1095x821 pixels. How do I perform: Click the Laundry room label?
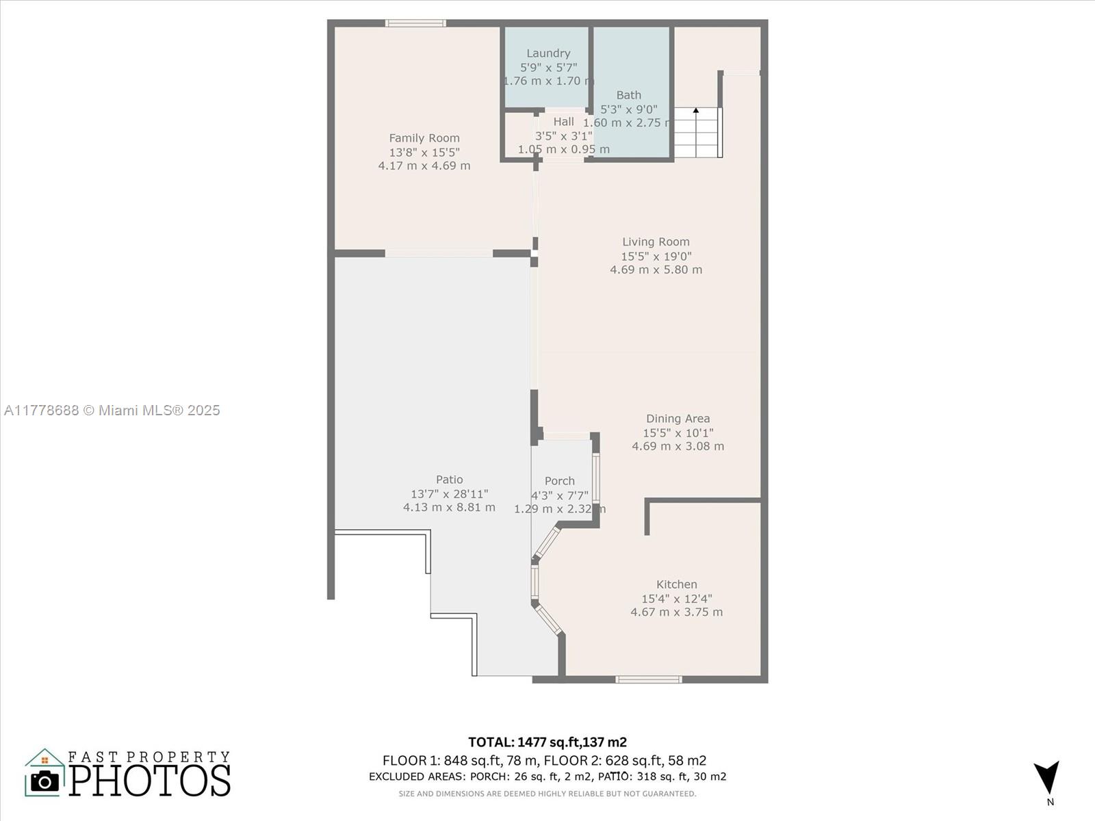pos(548,53)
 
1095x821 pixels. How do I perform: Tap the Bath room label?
pos(628,94)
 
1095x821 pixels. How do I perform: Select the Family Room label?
pos(424,138)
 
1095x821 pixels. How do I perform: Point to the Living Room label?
pos(656,242)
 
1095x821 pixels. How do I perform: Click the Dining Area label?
pos(678,419)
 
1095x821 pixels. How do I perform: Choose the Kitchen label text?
pos(676,584)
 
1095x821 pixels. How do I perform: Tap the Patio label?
pos(449,480)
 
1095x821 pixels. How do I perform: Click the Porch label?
pos(559,481)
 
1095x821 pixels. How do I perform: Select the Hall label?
pos(564,122)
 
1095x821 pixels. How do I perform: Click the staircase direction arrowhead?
pos(696,110)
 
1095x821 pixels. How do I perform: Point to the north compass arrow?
pos(1046,778)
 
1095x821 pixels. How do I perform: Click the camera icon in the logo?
pos(45,781)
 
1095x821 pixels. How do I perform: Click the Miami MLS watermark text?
pos(112,410)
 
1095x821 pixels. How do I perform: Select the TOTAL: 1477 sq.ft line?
pos(547,742)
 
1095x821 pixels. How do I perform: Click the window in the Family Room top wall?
pos(415,23)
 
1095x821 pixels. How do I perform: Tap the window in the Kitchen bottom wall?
pos(649,679)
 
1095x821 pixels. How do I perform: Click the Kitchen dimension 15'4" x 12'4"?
pos(676,598)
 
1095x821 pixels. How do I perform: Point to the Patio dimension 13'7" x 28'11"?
pos(449,493)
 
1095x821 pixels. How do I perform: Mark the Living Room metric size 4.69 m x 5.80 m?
pos(656,270)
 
